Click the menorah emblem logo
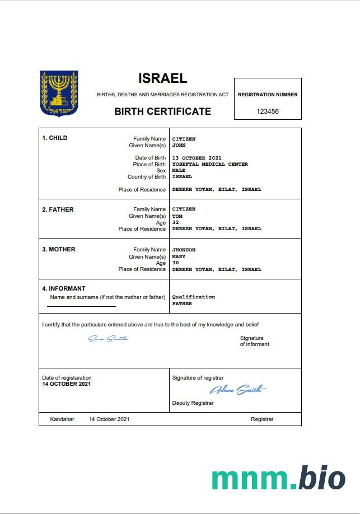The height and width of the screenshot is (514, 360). [59, 93]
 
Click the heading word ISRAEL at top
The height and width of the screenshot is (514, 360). [162, 78]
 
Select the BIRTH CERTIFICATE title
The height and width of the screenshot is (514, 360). [162, 111]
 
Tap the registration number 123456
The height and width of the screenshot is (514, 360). [268, 111]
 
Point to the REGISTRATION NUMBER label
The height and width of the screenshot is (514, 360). [268, 95]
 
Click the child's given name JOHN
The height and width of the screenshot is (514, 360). [179, 146]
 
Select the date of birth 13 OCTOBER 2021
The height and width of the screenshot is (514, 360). [197, 158]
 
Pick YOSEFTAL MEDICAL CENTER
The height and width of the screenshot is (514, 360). [209, 164]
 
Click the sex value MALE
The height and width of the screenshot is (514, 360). [179, 170]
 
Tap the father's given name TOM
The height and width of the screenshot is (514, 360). [177, 216]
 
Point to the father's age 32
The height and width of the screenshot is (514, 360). [175, 222]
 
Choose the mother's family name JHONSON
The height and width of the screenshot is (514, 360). [184, 250]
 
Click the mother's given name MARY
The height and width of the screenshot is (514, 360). [179, 257]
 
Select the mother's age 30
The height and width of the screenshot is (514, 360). [175, 263]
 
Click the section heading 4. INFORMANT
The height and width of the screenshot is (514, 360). [64, 289]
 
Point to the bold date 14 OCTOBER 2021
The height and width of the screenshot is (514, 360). [66, 384]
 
